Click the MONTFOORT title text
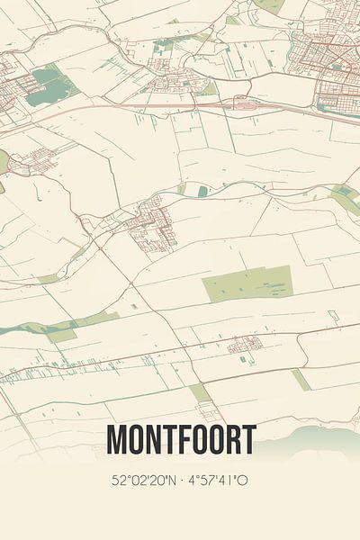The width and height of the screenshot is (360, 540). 180,439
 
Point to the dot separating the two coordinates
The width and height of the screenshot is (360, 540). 183,481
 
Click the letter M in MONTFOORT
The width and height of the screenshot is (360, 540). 117,439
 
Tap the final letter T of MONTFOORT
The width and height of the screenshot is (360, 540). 248,439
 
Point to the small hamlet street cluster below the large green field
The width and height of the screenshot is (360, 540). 245,345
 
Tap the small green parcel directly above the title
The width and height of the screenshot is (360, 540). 200,393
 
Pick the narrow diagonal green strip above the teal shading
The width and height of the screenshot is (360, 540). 301,380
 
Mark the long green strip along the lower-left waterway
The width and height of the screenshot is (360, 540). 63,328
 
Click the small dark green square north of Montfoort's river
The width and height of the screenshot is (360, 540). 202,191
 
